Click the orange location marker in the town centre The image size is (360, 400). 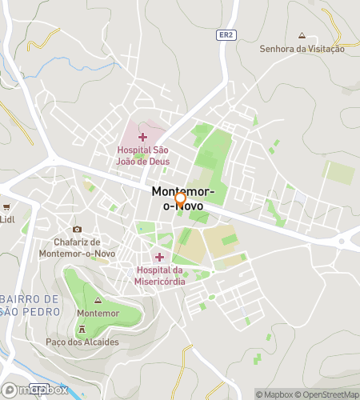(181, 198)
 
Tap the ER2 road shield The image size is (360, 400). (226, 35)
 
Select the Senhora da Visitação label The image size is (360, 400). (302, 49)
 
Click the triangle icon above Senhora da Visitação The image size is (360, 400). (302, 36)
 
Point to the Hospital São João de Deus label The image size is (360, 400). (143, 155)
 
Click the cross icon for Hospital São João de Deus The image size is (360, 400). (142, 138)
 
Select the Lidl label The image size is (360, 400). (7, 218)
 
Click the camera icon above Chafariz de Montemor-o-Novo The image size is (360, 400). (77, 230)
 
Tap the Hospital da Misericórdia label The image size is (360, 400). (161, 275)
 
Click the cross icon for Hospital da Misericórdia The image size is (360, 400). (159, 257)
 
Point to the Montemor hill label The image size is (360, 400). (98, 312)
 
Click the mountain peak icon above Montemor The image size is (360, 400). (98, 300)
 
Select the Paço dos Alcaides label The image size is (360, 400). (82, 342)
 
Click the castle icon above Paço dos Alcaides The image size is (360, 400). (82, 330)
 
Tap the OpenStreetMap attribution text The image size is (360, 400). (328, 394)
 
